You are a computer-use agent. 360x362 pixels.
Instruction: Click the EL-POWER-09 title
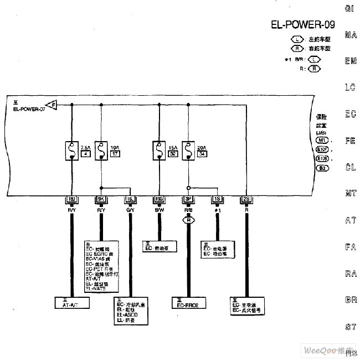click(302, 24)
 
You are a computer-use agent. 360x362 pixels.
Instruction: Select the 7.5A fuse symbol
click(72, 150)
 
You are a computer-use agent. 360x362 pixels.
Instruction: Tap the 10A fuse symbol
click(101, 150)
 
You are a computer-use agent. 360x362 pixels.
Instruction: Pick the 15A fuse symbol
click(159, 150)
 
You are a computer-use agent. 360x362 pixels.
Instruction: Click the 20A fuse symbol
click(188, 150)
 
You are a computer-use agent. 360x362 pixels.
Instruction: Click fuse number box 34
click(202, 153)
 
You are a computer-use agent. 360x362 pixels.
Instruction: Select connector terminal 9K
click(101, 199)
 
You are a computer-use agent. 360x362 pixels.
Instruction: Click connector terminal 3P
click(188, 199)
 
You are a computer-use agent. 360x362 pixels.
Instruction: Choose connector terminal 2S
click(246, 199)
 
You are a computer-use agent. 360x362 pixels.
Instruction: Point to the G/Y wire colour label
click(130, 210)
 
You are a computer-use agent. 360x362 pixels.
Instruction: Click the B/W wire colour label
click(159, 210)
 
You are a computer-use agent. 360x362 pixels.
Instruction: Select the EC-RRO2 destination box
click(188, 303)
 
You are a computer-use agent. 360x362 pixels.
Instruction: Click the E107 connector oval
click(322, 149)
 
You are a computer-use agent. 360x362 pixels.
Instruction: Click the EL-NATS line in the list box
click(95, 288)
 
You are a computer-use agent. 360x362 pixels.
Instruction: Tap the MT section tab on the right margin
click(350, 193)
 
